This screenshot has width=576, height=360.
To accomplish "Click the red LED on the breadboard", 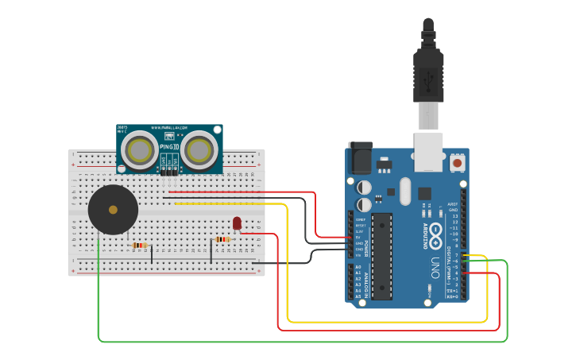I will coord(237,223).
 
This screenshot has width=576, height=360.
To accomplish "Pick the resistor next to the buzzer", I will coord(141,246).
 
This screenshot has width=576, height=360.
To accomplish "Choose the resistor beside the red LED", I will coord(223,239).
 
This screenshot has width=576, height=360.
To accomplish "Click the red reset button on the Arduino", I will coord(458,163).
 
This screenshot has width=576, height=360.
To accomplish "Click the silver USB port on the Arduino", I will coord(428,152).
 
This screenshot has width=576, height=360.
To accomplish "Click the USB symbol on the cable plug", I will coord(428,79).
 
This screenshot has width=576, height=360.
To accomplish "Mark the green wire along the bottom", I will coord(302,342).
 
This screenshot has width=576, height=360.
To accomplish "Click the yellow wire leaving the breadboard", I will coord(238,204).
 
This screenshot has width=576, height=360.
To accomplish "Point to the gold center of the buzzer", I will coord(113,210).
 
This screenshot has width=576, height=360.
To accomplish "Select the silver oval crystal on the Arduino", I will coord(405,191).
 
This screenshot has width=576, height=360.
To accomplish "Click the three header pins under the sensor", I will coord(169,171).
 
